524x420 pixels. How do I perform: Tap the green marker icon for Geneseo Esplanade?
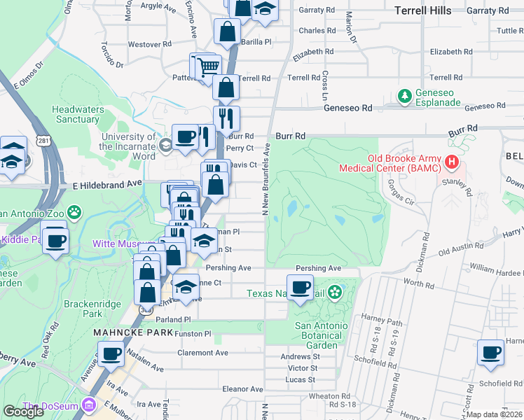[404, 94]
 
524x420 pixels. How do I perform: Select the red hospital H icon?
[452, 163]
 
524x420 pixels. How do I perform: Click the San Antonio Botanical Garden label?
[320, 335]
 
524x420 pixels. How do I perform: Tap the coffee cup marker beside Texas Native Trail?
[300, 287]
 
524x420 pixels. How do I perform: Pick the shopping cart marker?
[209, 67]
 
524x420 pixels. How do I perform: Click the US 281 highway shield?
[43, 141]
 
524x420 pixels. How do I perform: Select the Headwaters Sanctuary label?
[78, 114]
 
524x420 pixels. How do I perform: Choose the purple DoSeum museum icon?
[88, 405]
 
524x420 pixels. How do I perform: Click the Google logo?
[23, 411]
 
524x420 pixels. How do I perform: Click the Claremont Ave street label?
[202, 353]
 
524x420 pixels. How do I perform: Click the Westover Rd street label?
[149, 44]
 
